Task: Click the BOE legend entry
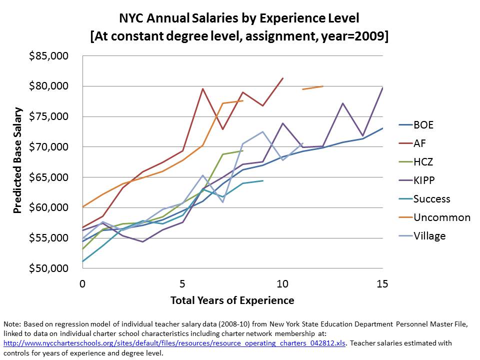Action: (423, 125)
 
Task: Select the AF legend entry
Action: (420, 143)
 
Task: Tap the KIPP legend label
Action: (425, 180)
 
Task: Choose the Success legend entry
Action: (431, 199)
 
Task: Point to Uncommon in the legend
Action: (441, 217)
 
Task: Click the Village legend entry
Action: (429, 236)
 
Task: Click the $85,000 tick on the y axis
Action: (48, 55)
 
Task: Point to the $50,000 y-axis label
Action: (48, 268)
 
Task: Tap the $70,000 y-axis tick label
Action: (48, 147)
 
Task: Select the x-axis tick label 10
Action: (282, 284)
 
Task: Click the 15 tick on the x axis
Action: (382, 284)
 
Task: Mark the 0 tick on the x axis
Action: (82, 284)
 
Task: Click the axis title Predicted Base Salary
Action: (18, 160)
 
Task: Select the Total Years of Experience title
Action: (232, 300)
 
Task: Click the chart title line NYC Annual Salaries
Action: (239, 19)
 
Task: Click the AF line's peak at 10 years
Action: (283, 78)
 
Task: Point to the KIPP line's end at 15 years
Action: (382, 88)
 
